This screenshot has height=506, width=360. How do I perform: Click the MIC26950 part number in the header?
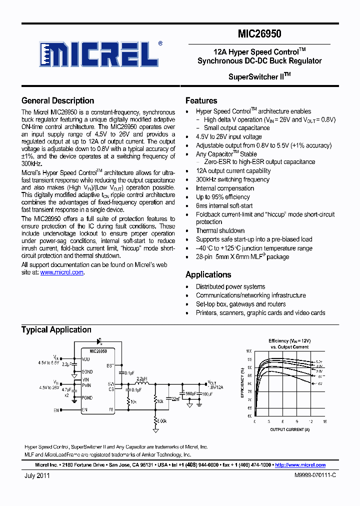[x=259, y=34]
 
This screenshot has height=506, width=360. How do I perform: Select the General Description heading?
[x=57, y=100]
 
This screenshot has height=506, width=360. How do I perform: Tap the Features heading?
[x=201, y=100]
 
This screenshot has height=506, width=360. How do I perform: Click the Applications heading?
[x=208, y=274]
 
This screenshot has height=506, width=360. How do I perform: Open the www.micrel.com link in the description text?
[x=61, y=272]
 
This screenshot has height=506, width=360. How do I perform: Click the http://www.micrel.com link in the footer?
[x=300, y=465]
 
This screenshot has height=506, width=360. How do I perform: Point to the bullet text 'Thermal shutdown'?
[x=220, y=230]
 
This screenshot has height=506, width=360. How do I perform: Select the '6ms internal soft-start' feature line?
[x=224, y=205]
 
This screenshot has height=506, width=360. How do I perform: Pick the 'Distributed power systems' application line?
[x=230, y=286]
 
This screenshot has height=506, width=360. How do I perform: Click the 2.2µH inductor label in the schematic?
[x=141, y=379]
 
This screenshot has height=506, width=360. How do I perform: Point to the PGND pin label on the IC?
[x=87, y=398]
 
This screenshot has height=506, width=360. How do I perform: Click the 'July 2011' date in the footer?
[x=37, y=476]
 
